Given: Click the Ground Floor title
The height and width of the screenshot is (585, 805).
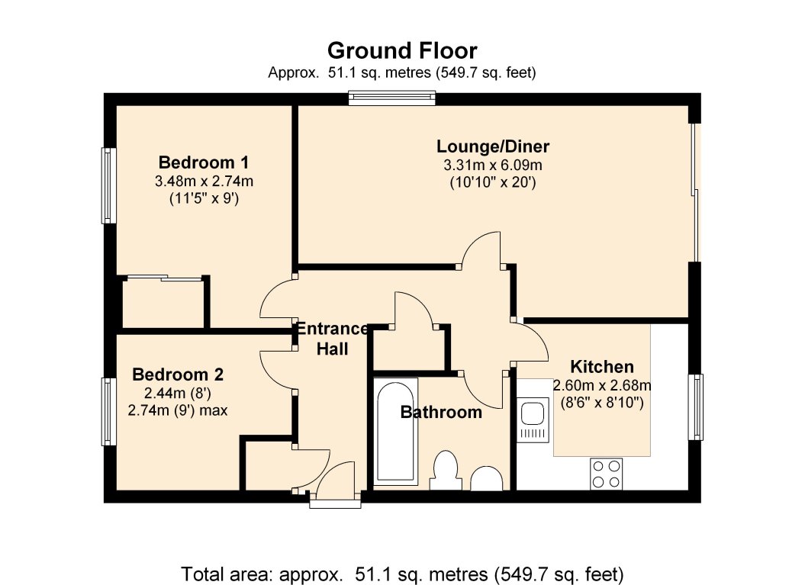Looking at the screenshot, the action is click(x=402, y=51).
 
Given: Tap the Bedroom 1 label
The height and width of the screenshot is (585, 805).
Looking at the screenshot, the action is click(x=204, y=162).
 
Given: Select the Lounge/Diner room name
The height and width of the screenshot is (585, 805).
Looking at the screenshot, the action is click(x=493, y=146).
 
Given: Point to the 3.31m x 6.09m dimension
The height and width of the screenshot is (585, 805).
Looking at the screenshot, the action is click(x=493, y=166).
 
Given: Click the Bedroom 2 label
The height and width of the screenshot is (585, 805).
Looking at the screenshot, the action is click(x=178, y=374).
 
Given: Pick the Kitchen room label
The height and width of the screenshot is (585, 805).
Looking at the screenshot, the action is click(x=602, y=366).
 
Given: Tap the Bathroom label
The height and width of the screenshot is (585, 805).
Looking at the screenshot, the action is click(x=441, y=412).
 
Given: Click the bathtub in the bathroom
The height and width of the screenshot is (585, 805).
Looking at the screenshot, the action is click(x=395, y=431).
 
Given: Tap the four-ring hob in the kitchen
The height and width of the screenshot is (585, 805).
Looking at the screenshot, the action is click(x=606, y=474).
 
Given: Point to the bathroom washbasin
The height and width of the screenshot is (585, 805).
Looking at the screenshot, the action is click(x=486, y=478).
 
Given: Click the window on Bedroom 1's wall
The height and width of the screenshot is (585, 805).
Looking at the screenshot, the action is click(x=108, y=185).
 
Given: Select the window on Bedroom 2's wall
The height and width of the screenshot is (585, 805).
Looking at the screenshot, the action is click(x=108, y=412).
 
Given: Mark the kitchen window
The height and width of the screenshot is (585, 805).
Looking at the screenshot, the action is click(x=696, y=407).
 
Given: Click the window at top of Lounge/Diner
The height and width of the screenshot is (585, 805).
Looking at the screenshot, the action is click(x=391, y=98).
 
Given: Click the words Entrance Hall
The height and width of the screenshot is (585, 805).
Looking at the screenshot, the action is click(x=332, y=339).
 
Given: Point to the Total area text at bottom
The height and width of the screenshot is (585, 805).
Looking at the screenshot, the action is click(x=402, y=574).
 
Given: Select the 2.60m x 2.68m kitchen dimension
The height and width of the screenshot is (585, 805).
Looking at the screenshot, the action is click(x=602, y=385).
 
